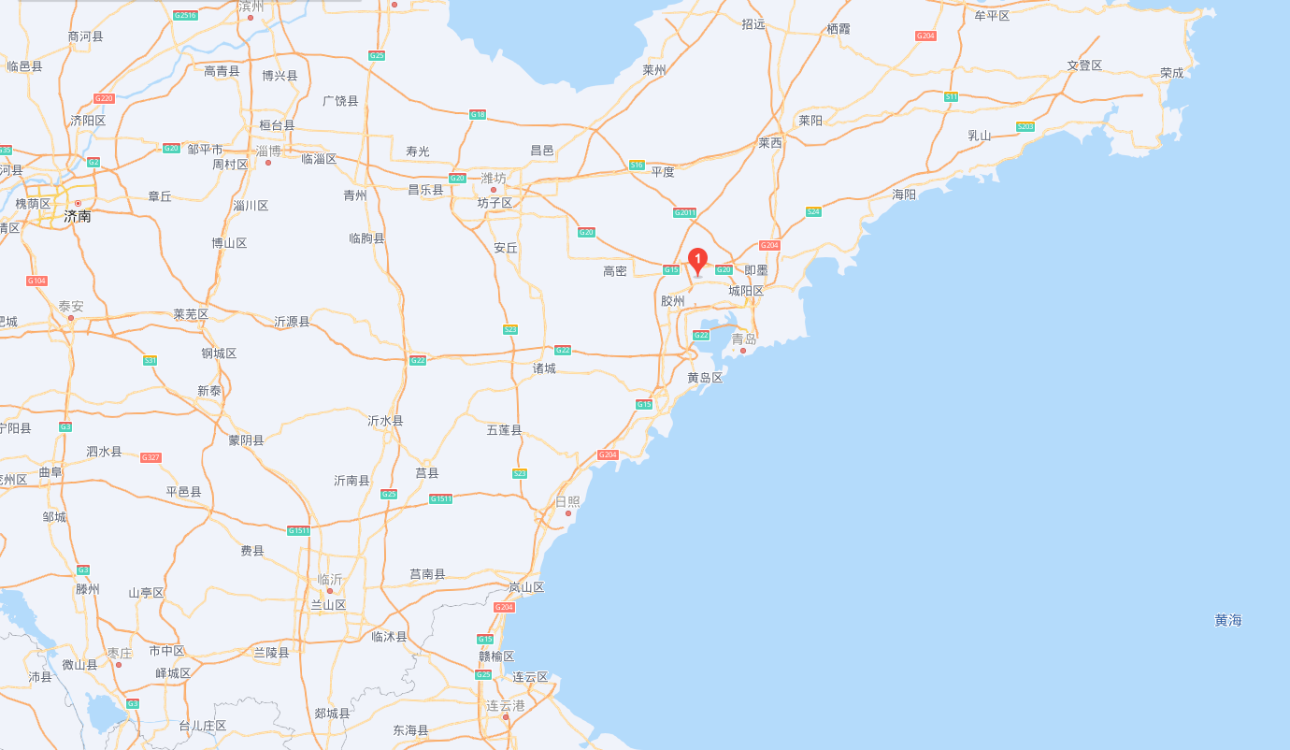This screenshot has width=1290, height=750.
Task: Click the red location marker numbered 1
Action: (697, 260)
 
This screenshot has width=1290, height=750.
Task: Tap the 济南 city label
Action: (78, 216)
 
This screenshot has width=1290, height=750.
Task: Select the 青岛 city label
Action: (744, 339)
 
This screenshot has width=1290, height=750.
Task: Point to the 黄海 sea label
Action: (1228, 620)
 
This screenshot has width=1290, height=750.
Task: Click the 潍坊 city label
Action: (493, 178)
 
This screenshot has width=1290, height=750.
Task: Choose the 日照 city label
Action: (567, 501)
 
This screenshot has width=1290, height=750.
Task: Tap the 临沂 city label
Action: (330, 579)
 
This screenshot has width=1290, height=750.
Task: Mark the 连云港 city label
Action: (506, 705)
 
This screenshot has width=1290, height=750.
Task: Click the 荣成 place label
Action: (1171, 72)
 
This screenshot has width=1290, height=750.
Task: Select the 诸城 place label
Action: (544, 368)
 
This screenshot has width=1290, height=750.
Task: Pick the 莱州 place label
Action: (654, 70)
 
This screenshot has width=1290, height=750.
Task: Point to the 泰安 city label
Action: (71, 306)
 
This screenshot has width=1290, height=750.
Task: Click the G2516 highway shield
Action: (185, 16)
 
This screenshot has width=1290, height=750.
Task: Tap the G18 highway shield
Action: (478, 114)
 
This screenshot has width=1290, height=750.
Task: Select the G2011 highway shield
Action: (685, 212)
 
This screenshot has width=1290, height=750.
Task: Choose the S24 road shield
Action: (813, 211)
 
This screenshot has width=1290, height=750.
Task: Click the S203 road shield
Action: (1025, 126)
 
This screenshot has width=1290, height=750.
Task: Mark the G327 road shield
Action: (150, 457)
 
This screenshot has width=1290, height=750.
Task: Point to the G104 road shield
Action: (36, 281)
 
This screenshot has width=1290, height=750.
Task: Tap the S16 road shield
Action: (637, 165)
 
